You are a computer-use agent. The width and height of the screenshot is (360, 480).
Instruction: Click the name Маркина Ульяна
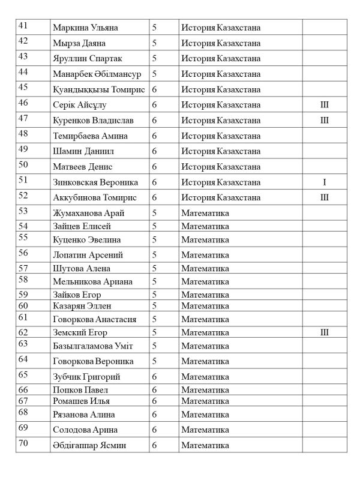click(x=85, y=28)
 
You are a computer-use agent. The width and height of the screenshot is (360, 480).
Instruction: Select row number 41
click(x=23, y=25)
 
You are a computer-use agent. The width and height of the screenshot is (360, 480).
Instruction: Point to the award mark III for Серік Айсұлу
click(x=325, y=105)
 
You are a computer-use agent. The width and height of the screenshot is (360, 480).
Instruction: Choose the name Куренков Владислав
click(x=94, y=121)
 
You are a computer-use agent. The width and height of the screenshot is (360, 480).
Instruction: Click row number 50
click(x=23, y=164)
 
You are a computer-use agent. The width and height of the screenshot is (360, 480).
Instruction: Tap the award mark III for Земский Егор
click(x=325, y=332)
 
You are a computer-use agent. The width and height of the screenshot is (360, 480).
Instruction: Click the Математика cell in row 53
click(x=206, y=213)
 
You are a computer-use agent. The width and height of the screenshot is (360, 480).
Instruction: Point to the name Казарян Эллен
click(x=82, y=306)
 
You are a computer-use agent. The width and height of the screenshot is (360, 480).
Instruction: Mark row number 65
click(x=23, y=375)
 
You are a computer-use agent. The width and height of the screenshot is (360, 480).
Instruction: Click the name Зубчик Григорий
click(x=87, y=377)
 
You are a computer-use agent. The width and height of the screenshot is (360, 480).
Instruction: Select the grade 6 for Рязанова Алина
click(x=155, y=415)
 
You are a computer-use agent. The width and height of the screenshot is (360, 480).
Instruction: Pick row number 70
click(x=23, y=443)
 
